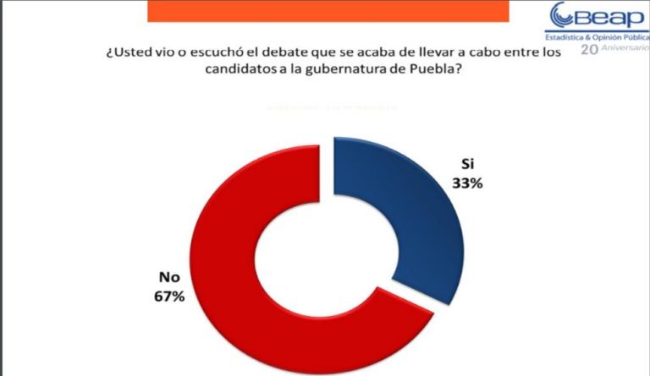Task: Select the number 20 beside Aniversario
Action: tap(588, 49)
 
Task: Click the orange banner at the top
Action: tap(328, 10)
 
